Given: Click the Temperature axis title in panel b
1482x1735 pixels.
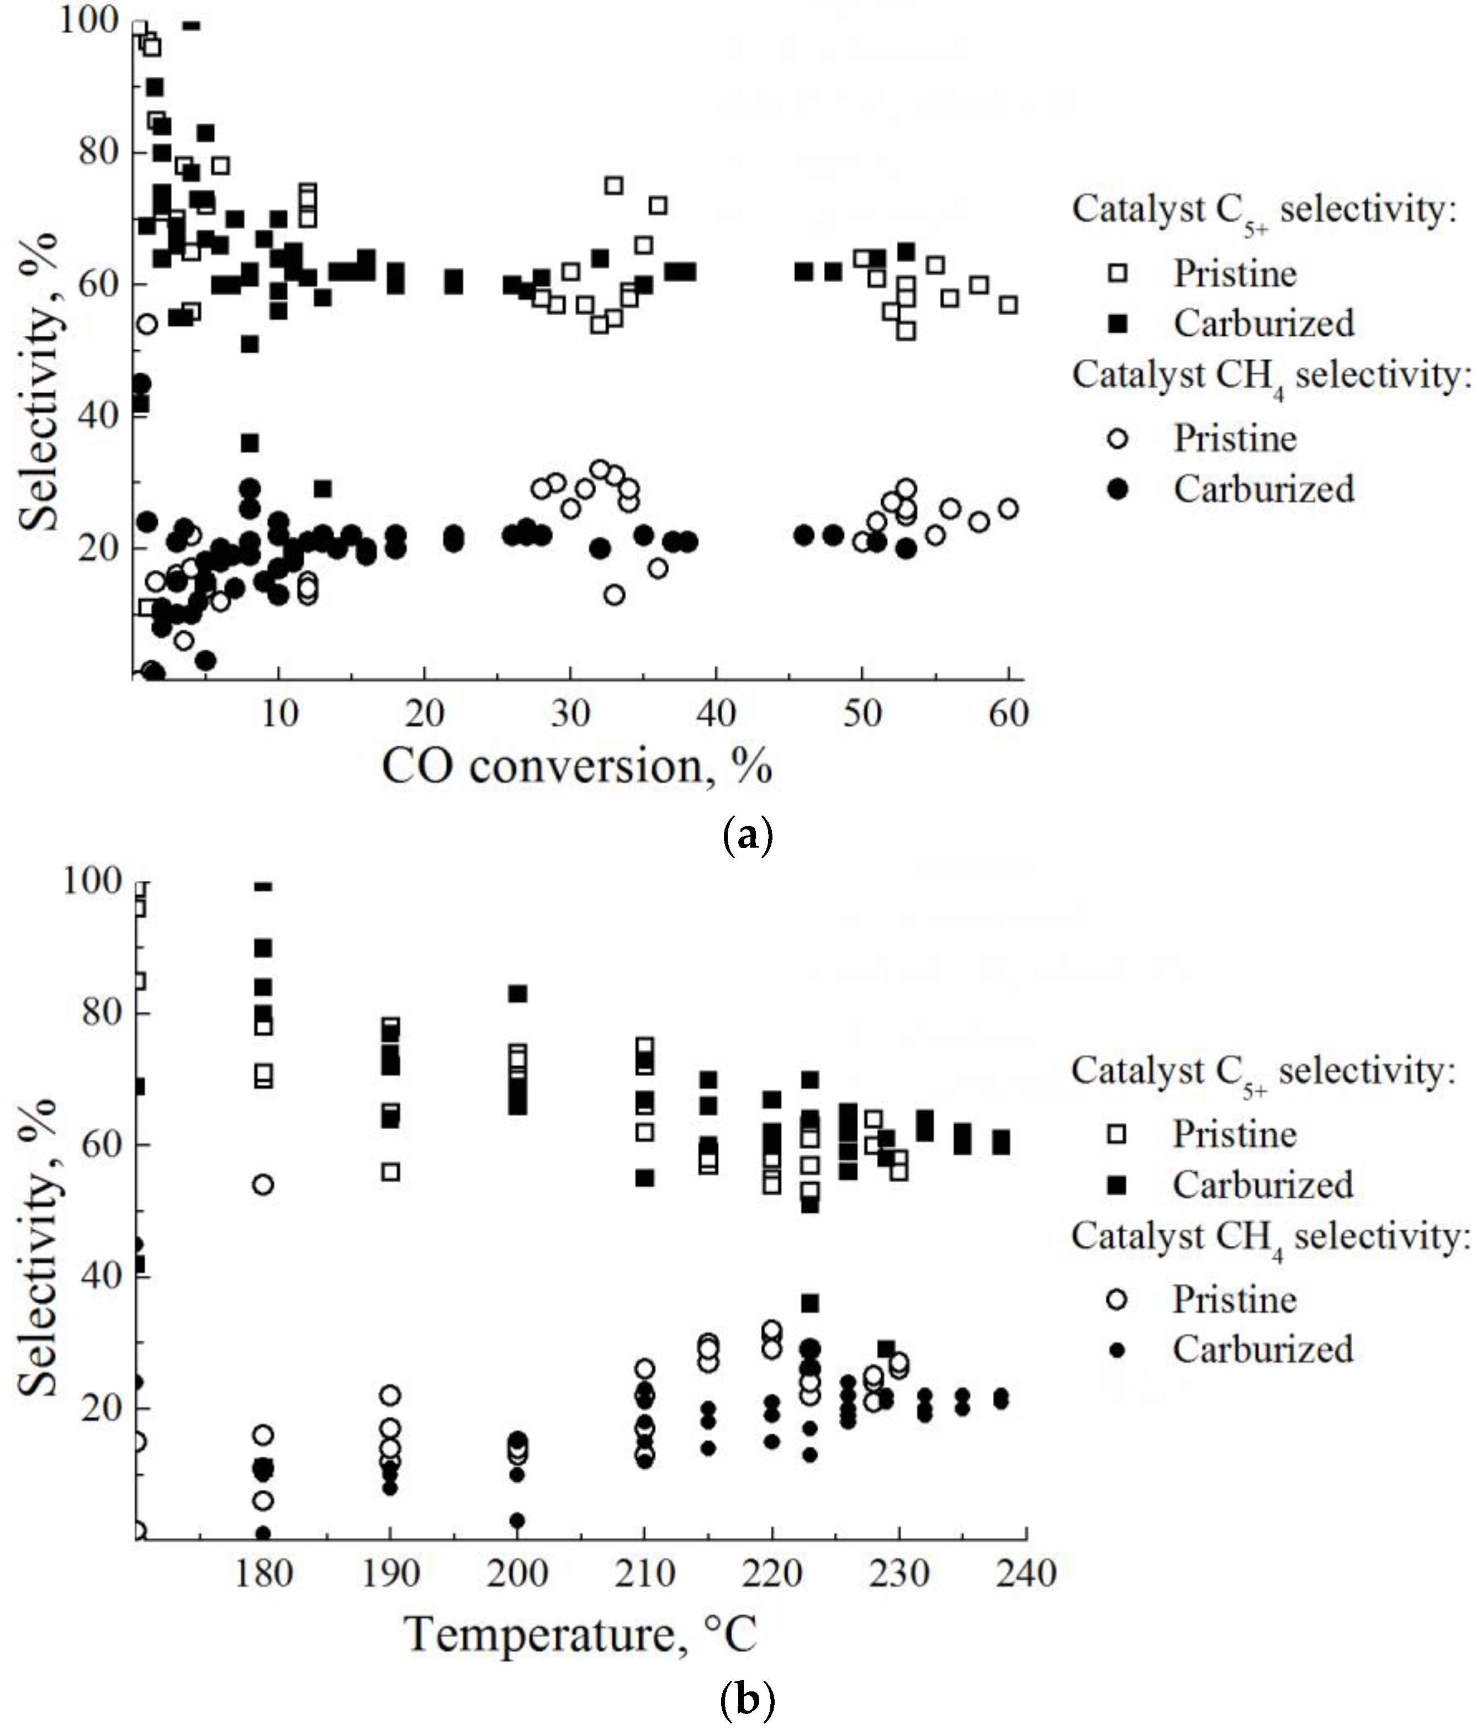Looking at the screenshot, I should click(x=580, y=1634).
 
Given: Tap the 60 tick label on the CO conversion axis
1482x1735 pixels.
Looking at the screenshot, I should click(x=1008, y=713).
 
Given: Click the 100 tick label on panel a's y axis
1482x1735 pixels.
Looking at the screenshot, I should click(x=89, y=20).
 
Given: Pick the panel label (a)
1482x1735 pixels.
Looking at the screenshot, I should click(x=746, y=835).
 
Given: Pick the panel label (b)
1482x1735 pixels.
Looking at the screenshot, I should click(x=746, y=1700).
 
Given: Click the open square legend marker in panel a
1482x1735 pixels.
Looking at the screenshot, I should click(x=1118, y=274).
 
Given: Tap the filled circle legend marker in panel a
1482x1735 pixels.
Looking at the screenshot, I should click(x=1118, y=489).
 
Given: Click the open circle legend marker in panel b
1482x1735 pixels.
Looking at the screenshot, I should click(x=1117, y=1299).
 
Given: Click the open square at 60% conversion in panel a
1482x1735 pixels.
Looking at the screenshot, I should click(x=1009, y=305).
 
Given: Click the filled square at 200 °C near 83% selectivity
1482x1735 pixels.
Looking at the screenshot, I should click(x=517, y=993).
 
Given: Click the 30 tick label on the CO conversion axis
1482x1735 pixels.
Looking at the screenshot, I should click(x=571, y=713).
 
